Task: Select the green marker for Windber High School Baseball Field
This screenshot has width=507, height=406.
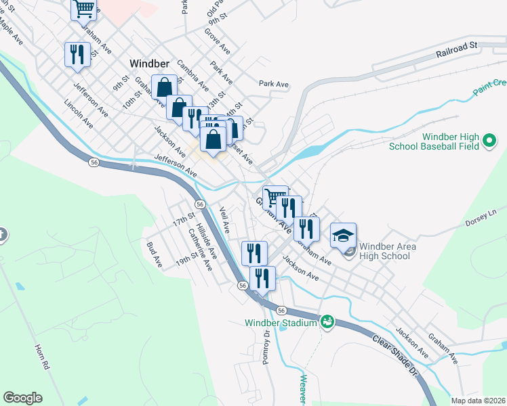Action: click(x=490, y=141)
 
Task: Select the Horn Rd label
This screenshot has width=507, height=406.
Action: click(x=42, y=356)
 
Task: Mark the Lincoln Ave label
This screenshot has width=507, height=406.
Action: click(x=78, y=114)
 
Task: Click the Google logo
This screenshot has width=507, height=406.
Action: click(x=22, y=398)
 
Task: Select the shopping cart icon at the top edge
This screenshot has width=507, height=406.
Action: click(x=84, y=8)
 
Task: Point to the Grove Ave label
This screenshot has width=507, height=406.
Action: click(x=218, y=41)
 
